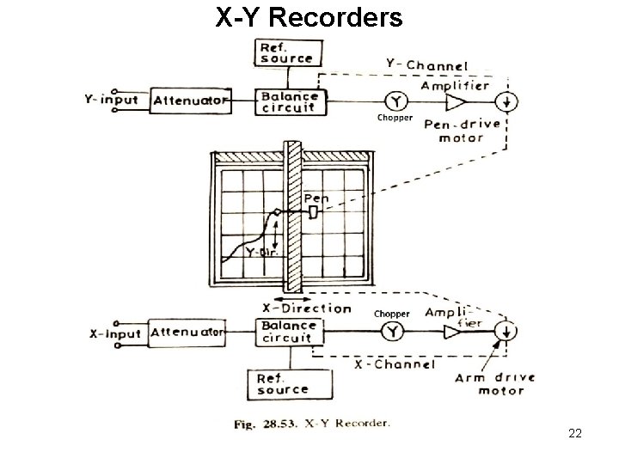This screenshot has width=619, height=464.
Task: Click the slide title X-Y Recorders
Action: tap(309, 16)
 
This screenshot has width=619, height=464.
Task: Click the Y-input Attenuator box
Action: tap(191, 101)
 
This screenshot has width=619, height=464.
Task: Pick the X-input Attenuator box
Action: tap(188, 332)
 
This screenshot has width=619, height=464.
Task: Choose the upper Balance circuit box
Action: tap(288, 101)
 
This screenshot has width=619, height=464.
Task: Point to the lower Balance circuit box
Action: tap(285, 332)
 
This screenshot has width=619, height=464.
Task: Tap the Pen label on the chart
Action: tap(316, 198)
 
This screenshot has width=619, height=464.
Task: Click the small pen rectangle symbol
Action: tap(314, 211)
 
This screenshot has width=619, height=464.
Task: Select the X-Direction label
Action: tap(306, 308)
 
